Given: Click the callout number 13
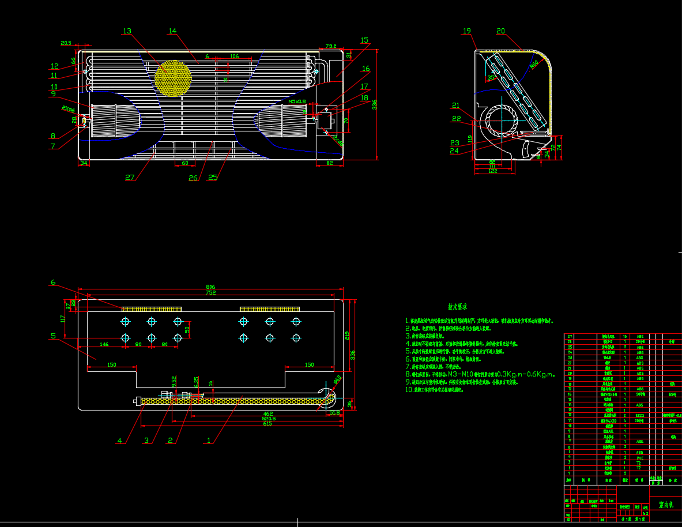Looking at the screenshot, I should coord(127,31).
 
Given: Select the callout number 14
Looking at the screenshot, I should coord(172,31).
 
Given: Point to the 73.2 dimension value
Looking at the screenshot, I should coord(330,46).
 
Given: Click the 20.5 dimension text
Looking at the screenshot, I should coord(66,43).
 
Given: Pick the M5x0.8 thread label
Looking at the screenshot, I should coord(297,101).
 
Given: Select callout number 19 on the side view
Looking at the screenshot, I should coord(467,31).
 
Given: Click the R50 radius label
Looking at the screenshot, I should coord(534,63).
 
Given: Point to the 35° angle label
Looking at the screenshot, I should coord(491,77).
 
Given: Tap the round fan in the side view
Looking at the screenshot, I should coord(500,122).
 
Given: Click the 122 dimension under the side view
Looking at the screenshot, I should coord(492,172).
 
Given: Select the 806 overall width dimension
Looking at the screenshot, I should coord(210,287).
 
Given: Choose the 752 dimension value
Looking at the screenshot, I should coord(210,293).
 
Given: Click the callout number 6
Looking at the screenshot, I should coord(53,282).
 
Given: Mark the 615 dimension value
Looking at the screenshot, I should coord(267,424).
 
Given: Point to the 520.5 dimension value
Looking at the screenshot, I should coord(268,419).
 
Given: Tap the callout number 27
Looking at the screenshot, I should coord(130,178).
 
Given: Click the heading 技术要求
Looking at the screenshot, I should coord(457,307).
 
